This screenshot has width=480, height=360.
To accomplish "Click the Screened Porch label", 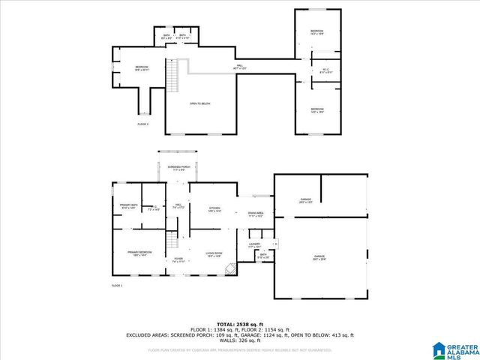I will [178, 168].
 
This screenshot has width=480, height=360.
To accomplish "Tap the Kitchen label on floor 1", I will [214, 209].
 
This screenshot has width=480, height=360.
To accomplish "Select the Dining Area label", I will [256, 214].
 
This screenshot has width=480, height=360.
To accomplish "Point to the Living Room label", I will [214, 255].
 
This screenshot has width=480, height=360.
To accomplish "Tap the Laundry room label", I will [254, 245].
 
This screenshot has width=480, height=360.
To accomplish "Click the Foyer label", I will [178, 259].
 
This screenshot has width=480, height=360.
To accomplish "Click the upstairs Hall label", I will [240, 67].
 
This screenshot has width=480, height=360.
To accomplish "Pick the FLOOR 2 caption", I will [142, 124].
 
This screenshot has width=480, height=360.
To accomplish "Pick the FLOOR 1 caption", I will [117, 286].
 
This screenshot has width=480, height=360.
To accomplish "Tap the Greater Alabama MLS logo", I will [455, 349].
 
